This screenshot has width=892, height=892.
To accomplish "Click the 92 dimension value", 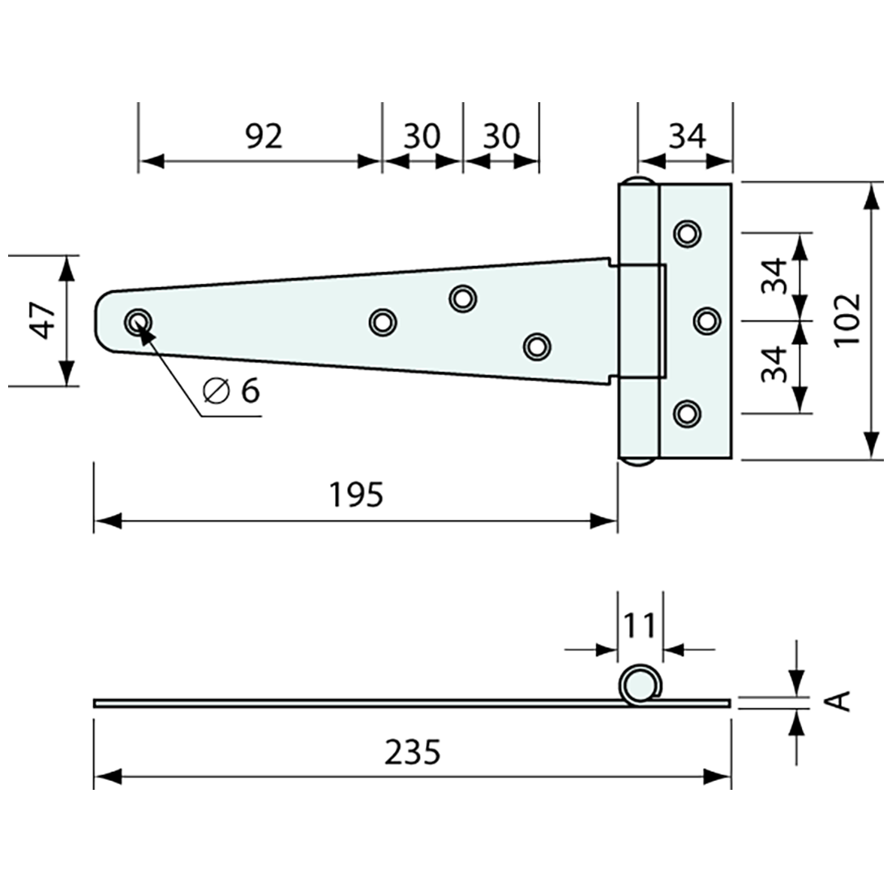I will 264,136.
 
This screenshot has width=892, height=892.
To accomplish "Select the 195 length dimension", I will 356,494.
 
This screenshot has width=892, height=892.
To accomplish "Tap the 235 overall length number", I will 412,753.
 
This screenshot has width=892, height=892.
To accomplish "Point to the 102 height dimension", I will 847,319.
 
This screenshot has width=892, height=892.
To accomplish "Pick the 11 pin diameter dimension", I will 640,626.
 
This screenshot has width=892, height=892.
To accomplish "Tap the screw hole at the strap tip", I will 138,321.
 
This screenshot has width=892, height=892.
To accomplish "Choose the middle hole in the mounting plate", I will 707,320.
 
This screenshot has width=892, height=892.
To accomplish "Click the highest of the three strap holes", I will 462,298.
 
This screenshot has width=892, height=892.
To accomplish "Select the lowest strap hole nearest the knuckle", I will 536,346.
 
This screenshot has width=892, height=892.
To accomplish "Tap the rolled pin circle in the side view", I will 638,685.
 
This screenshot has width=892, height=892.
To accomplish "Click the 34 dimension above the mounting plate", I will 687,136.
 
